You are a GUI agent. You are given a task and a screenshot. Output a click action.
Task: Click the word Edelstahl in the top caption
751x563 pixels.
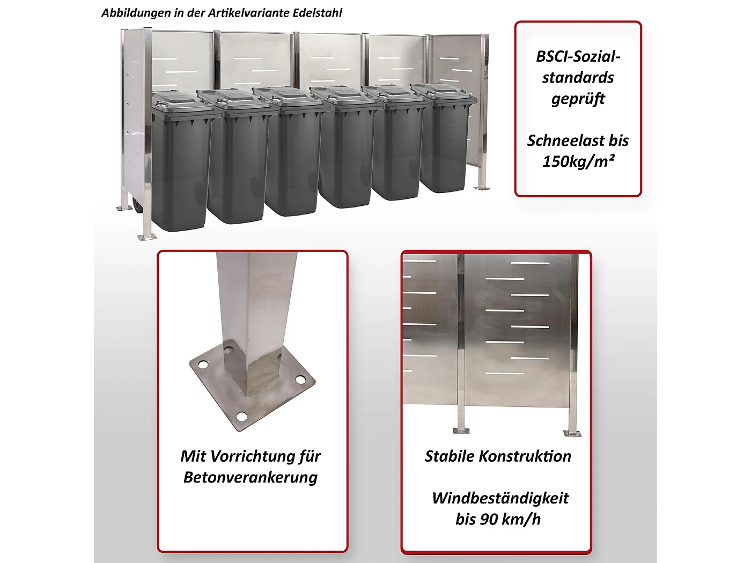317,13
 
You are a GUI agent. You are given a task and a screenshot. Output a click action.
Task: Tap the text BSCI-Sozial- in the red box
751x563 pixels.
578,56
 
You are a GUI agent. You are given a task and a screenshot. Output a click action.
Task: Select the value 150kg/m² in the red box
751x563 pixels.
578,161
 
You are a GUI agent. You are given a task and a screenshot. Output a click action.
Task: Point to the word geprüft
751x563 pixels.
578,99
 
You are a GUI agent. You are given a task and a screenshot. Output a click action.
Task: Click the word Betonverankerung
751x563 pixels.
251,477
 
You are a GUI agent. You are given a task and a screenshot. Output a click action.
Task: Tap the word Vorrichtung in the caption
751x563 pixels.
252,456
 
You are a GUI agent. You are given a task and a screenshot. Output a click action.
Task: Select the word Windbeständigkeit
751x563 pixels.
500,498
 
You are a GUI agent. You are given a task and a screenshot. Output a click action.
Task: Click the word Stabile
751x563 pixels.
449,456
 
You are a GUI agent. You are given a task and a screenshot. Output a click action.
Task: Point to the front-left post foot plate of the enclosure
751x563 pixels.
146,236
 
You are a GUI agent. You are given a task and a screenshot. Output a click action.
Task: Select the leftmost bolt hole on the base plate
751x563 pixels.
203,365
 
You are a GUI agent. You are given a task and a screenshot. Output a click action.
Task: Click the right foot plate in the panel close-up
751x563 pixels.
572,433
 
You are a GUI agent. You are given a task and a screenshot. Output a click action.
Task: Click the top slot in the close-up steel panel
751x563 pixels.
530,263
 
